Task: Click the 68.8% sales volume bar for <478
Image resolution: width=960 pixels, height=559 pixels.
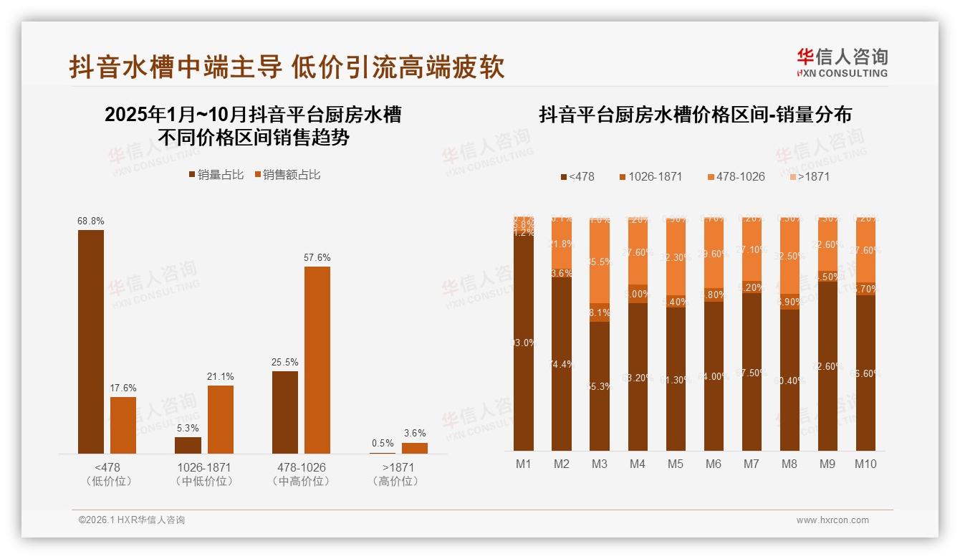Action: click(91, 341)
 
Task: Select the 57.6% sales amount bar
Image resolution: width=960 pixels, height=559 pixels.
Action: click(317, 360)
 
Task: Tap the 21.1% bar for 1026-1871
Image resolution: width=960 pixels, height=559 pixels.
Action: click(221, 419)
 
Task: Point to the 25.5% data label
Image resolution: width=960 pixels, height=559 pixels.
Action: click(285, 363)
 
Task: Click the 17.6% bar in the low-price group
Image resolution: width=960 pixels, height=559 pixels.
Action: click(123, 425)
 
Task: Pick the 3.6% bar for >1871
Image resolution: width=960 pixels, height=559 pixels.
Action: click(414, 448)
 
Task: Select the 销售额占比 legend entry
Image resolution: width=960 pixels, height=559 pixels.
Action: click(287, 175)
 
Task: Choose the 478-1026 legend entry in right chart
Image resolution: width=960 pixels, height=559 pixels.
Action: click(736, 176)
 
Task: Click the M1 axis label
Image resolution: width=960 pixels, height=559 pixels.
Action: click(524, 464)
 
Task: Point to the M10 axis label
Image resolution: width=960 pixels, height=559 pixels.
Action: click(865, 464)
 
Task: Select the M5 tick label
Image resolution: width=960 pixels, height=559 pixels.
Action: click(676, 464)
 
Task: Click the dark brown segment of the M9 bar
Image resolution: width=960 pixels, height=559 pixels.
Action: click(827, 365)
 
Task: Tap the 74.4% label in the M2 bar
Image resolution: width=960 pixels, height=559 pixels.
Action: click(562, 364)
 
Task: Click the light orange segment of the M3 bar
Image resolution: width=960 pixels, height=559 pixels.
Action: click(600, 262)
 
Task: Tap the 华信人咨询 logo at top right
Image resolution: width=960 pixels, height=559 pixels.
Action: click(842, 62)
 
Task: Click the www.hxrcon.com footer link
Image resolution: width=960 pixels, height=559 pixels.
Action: click(832, 520)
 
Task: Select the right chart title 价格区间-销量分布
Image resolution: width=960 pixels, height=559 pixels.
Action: click(695, 115)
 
